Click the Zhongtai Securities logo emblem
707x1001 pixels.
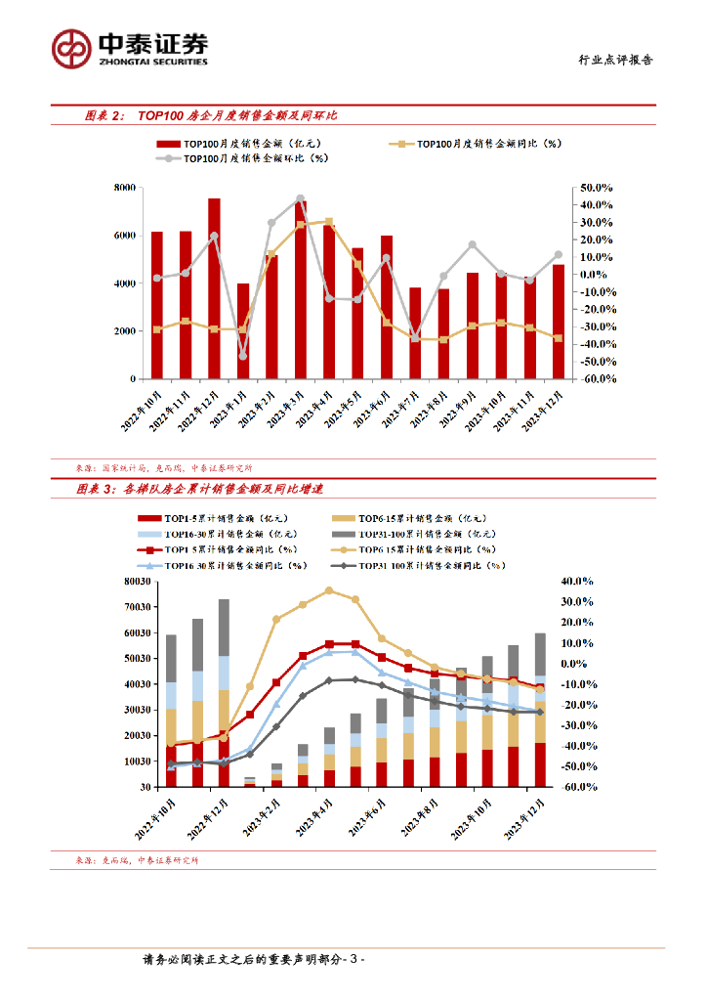click(71, 47)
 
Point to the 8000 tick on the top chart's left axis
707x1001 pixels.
click(125, 188)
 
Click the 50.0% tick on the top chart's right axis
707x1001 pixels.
click(596, 188)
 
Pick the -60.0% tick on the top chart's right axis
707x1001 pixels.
click(596, 378)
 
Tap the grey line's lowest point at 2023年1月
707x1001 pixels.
click(243, 356)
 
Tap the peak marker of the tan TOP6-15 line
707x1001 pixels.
click(329, 590)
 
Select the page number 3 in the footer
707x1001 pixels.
click(356, 961)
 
